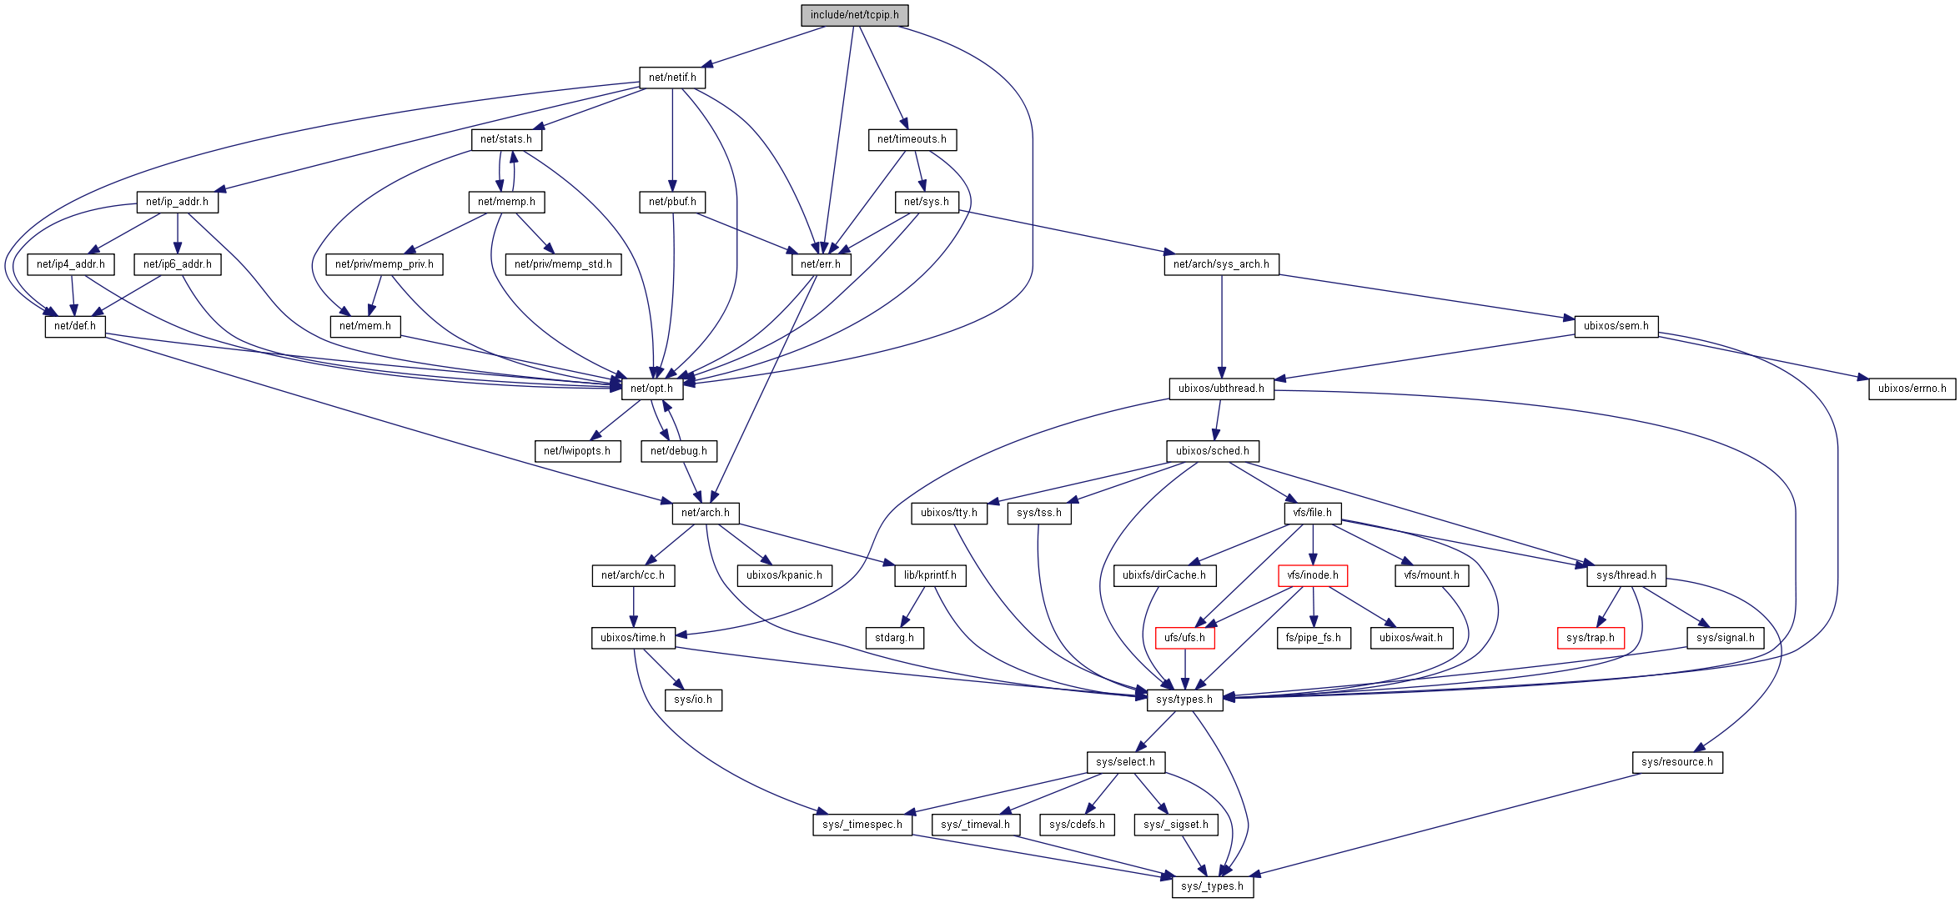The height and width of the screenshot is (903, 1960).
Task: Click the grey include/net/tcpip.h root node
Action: point(854,15)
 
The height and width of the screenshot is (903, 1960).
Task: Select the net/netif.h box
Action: point(672,78)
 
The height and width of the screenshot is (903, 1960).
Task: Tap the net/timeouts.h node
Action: point(912,139)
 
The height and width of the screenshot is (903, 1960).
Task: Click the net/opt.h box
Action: point(651,389)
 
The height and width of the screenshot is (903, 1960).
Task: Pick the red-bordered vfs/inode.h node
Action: point(1312,575)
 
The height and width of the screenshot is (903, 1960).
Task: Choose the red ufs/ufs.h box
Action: point(1184,638)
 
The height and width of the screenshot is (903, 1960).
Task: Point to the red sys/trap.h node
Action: point(1590,638)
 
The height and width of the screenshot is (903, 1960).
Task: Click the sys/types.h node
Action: point(1184,700)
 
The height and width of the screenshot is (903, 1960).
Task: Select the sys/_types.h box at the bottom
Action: point(1212,886)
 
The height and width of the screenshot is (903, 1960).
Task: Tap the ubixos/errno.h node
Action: point(1912,389)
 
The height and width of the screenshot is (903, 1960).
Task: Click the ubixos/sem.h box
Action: point(1616,326)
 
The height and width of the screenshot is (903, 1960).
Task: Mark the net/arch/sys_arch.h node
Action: point(1221,264)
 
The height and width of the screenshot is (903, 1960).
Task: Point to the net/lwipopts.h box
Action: point(576,451)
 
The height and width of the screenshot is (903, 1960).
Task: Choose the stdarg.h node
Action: point(894,638)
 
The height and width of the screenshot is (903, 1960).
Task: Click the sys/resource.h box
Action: point(1676,762)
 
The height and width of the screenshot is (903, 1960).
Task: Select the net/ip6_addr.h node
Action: point(177,264)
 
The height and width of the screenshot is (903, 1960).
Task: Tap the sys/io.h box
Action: point(693,700)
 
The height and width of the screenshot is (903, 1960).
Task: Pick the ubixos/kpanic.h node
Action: point(784,575)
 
